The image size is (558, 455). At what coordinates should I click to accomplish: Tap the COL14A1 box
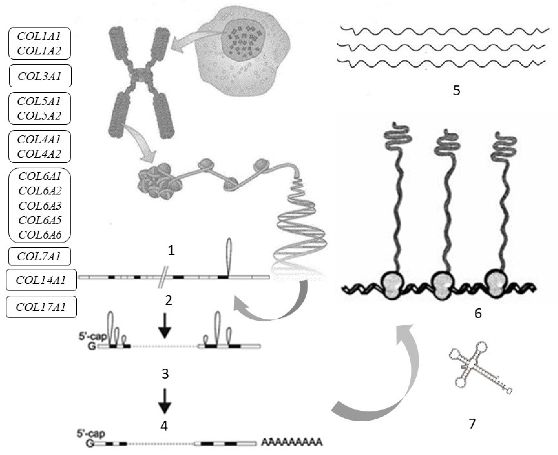(41, 280)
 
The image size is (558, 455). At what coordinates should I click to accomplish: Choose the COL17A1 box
(41, 307)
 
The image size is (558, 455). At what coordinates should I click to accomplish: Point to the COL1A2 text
(39, 51)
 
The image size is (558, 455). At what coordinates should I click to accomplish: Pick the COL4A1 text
(39, 139)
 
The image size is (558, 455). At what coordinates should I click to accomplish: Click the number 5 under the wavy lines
(456, 91)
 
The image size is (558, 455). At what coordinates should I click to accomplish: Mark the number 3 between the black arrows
(165, 374)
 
